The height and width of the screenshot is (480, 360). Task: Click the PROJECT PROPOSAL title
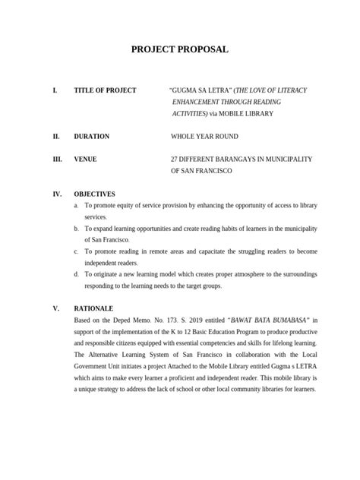coord(180,50)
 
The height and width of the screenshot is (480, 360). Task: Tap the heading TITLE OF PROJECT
coord(105,90)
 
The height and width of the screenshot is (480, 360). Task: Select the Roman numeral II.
coord(55,137)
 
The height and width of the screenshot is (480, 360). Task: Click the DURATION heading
coord(91,137)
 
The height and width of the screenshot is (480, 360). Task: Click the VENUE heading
coord(85,159)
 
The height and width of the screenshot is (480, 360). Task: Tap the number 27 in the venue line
coord(175,159)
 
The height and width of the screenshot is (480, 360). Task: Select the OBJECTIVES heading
coord(94,194)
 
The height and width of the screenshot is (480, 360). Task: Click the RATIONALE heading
coord(93,309)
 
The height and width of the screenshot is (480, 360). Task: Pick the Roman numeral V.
coord(55,309)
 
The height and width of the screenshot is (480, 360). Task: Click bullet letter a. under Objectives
coord(76,206)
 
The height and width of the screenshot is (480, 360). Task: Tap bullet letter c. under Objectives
coord(76,251)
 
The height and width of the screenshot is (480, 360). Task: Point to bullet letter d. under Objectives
coord(76,274)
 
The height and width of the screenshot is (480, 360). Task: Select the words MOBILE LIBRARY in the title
coord(247,113)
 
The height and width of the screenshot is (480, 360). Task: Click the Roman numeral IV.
coord(56,194)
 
